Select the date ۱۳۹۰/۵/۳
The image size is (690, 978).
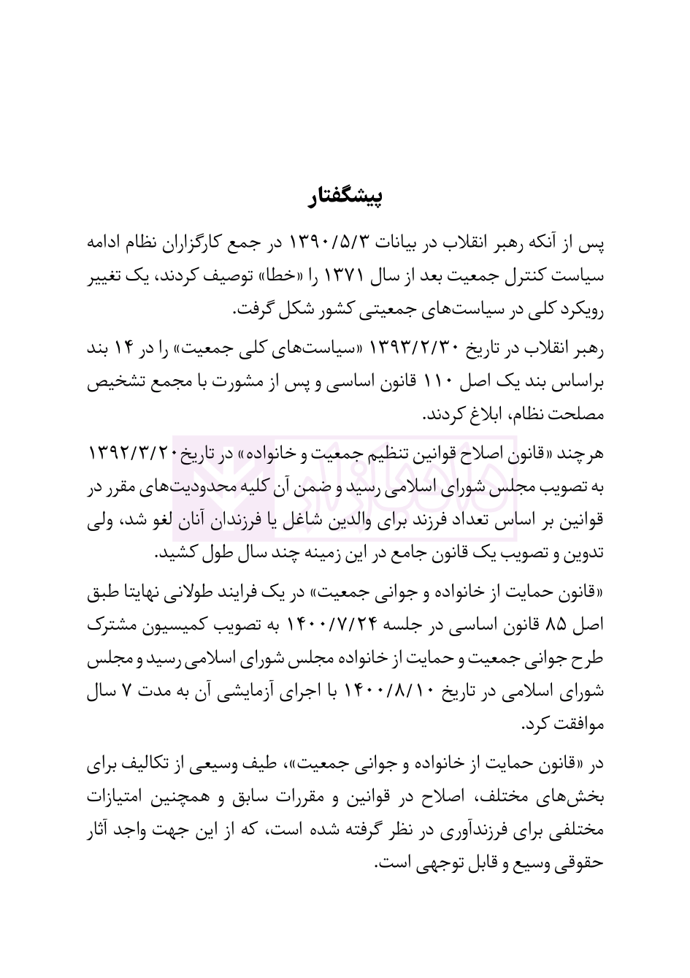click(x=333, y=242)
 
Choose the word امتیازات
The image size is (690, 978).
click(x=119, y=796)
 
